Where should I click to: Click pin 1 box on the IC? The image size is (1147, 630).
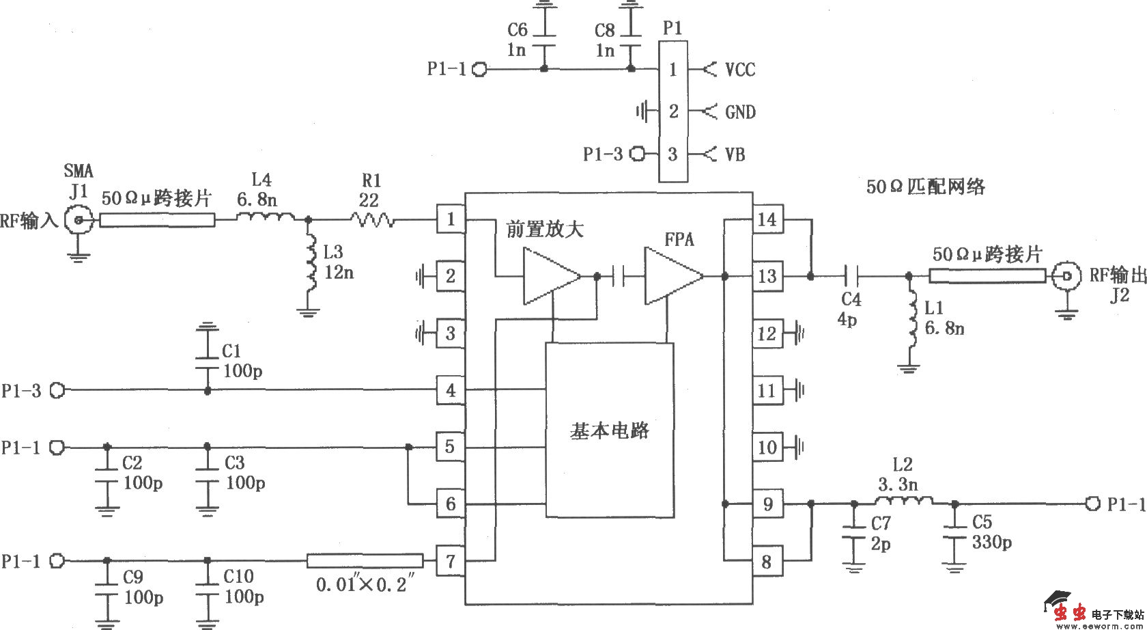coord(450,219)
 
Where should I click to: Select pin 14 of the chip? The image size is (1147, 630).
coord(767,219)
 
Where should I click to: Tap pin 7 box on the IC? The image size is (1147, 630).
coord(450,561)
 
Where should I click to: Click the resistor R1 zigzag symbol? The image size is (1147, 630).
coord(372,219)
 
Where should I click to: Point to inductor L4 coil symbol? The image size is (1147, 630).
coord(266,218)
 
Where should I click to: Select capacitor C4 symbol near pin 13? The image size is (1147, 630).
coord(850,276)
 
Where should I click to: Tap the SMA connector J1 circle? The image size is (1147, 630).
coord(79,220)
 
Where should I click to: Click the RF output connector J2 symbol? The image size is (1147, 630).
coord(1066,276)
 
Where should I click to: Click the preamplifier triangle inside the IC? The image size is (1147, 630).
coord(550,276)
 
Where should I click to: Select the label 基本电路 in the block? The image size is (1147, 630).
coord(609,430)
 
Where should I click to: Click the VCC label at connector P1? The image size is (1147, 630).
coord(740,70)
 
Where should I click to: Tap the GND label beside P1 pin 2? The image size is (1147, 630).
coord(740,112)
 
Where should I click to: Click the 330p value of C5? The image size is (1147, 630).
coord(992,543)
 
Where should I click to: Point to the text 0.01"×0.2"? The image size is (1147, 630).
coord(365,586)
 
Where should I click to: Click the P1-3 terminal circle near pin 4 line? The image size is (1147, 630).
coord(58,390)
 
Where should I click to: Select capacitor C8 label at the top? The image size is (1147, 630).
coord(604,30)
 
